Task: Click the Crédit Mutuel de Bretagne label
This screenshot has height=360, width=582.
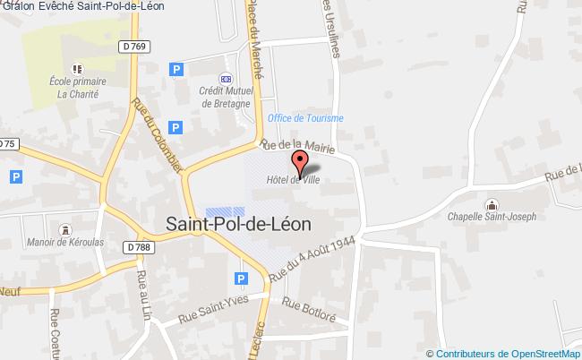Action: point(227,97)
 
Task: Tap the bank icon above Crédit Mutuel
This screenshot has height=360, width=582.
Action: point(227,79)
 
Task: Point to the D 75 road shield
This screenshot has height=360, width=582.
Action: point(8,143)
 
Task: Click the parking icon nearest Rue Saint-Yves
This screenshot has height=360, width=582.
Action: point(240,280)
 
